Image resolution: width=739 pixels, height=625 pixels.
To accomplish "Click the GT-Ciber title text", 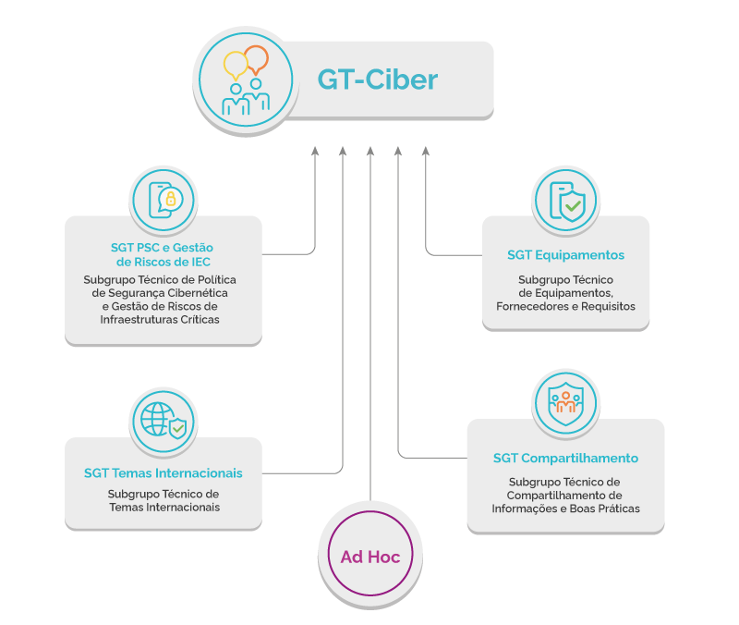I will (x=377, y=80).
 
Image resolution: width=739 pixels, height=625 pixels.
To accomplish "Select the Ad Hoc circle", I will (x=369, y=557).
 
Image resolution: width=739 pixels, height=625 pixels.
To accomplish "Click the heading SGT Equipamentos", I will (x=565, y=255).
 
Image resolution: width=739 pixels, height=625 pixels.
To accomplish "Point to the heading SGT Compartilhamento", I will (x=565, y=458).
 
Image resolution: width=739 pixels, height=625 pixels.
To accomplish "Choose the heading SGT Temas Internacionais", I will (x=164, y=472).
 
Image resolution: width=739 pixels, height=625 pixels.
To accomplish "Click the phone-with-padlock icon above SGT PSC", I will (x=164, y=200).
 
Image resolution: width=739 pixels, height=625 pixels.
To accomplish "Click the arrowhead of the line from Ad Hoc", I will (x=369, y=150).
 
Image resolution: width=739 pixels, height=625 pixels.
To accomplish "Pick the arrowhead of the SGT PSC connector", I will (x=314, y=150).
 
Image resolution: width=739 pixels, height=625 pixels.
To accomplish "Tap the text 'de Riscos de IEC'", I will (x=164, y=262).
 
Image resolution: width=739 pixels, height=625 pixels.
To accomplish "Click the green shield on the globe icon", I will (x=176, y=427).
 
